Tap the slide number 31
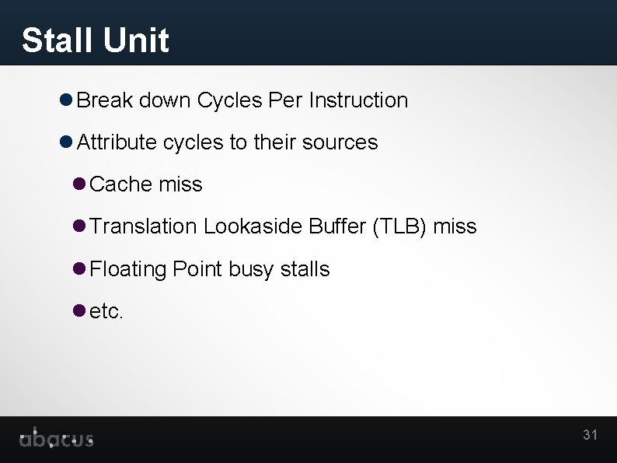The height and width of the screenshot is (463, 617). pos(590,435)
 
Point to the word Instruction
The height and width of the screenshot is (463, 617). pos(358,100)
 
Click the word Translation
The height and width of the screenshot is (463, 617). pos(144,226)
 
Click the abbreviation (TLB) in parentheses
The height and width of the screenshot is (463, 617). pos(399,226)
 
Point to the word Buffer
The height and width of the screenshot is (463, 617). pos(338,226)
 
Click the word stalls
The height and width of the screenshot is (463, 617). pos(305,269)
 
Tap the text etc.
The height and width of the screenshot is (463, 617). pos(106,312)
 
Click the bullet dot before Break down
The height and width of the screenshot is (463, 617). pos(66,100)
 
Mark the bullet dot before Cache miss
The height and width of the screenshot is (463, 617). pos(78,184)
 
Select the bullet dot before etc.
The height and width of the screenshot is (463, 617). pos(78,311)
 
